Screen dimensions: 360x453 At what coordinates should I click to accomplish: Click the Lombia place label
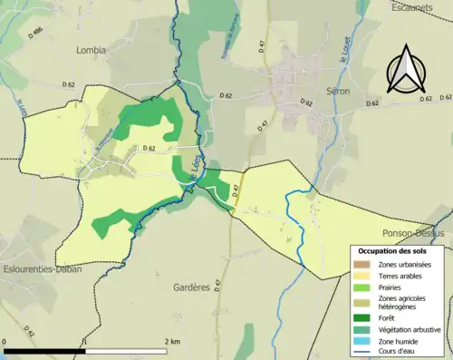tap(92, 51)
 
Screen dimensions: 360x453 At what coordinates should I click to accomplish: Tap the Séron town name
tap(338, 92)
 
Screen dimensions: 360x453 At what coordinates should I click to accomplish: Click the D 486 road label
tap(36, 35)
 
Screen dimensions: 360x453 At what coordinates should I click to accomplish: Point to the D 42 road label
tap(30, 335)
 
